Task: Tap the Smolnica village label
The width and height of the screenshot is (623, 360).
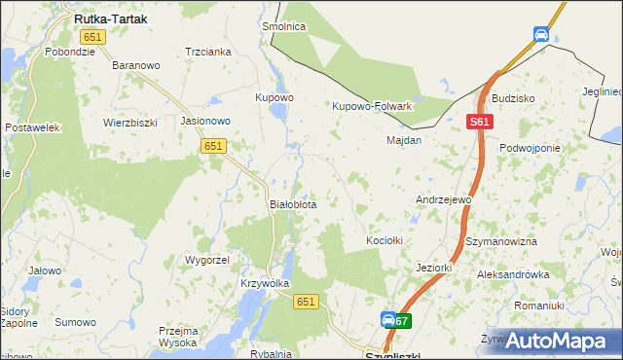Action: (x=283, y=27)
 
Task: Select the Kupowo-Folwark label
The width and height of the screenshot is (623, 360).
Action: (x=373, y=106)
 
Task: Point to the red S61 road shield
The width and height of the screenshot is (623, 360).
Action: (x=479, y=123)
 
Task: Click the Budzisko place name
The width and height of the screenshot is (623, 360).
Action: (x=513, y=99)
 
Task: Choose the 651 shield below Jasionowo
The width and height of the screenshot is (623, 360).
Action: (x=214, y=145)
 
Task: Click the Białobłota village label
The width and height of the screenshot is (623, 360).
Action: (x=292, y=205)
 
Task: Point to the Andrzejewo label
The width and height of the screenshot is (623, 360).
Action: (x=444, y=199)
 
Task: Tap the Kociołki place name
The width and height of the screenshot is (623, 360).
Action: (x=384, y=240)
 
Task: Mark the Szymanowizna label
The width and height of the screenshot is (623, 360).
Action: (x=502, y=240)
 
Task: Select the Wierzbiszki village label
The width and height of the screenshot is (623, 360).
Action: (x=130, y=123)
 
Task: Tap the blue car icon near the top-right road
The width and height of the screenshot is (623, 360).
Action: (x=541, y=35)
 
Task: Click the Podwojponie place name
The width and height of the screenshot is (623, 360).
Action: (x=530, y=148)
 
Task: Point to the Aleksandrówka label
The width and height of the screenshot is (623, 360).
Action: (x=513, y=275)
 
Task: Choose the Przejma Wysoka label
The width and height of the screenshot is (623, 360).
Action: (x=179, y=337)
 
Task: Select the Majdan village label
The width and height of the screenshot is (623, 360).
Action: (x=404, y=140)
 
